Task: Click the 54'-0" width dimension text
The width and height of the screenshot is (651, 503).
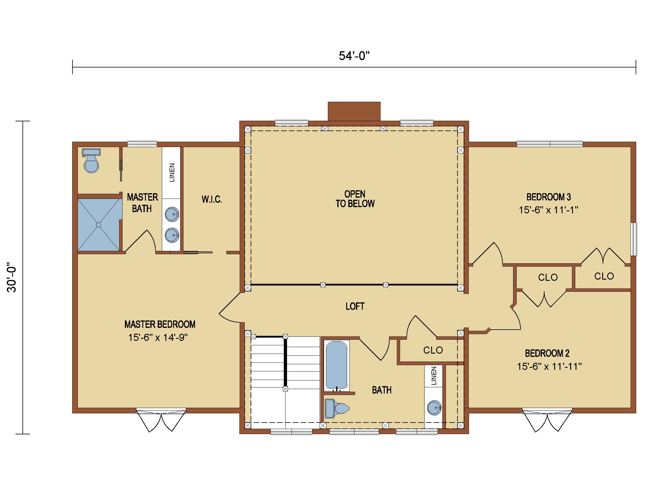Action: [354, 56]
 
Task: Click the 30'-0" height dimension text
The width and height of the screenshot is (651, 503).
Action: [12, 278]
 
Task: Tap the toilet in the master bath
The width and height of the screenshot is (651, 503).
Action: [91, 161]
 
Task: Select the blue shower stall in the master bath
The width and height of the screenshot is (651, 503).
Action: [99, 225]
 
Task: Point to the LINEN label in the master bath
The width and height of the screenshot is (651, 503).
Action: [172, 172]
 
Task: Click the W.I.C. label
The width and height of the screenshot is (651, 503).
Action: [212, 199]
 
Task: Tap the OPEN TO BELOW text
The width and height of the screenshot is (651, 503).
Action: [355, 199]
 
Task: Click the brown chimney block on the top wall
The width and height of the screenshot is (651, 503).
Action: [354, 112]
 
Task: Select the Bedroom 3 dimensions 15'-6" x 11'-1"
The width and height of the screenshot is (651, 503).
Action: [548, 210]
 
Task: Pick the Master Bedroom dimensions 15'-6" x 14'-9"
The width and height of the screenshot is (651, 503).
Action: [158, 337]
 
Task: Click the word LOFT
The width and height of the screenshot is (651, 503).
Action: [355, 306]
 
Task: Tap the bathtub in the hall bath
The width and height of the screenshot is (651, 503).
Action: [336, 366]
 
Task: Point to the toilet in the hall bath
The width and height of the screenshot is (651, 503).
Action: [337, 409]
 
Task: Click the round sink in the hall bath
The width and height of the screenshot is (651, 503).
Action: [434, 408]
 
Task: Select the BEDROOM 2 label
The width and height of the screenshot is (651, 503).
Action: [547, 353]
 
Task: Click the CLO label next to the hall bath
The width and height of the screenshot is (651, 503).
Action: [433, 350]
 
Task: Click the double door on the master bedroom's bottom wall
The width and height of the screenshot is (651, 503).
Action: [161, 420]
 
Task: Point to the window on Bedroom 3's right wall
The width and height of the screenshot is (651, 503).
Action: [634, 239]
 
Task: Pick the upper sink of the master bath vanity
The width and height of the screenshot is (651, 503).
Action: [172, 214]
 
